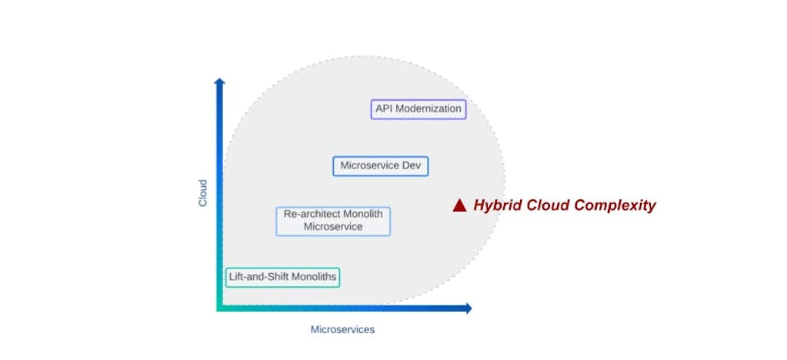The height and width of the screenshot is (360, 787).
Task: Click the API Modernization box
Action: tap(419, 109)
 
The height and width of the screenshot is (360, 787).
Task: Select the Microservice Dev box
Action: tap(380, 165)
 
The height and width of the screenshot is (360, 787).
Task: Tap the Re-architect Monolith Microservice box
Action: tap(333, 221)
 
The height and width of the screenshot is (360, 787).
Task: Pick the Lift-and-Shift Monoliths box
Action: tap(282, 277)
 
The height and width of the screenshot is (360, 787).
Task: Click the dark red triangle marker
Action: tap(459, 205)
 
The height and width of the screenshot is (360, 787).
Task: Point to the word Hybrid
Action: tap(494, 205)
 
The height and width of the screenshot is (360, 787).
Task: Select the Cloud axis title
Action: tap(203, 193)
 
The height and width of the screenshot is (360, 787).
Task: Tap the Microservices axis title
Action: tap(342, 329)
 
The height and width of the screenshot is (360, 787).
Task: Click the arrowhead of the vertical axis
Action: tap(219, 82)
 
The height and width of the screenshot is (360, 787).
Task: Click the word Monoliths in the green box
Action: tap(313, 277)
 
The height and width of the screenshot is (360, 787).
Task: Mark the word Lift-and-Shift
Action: tap(258, 277)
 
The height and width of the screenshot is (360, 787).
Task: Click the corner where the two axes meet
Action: tap(220, 308)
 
